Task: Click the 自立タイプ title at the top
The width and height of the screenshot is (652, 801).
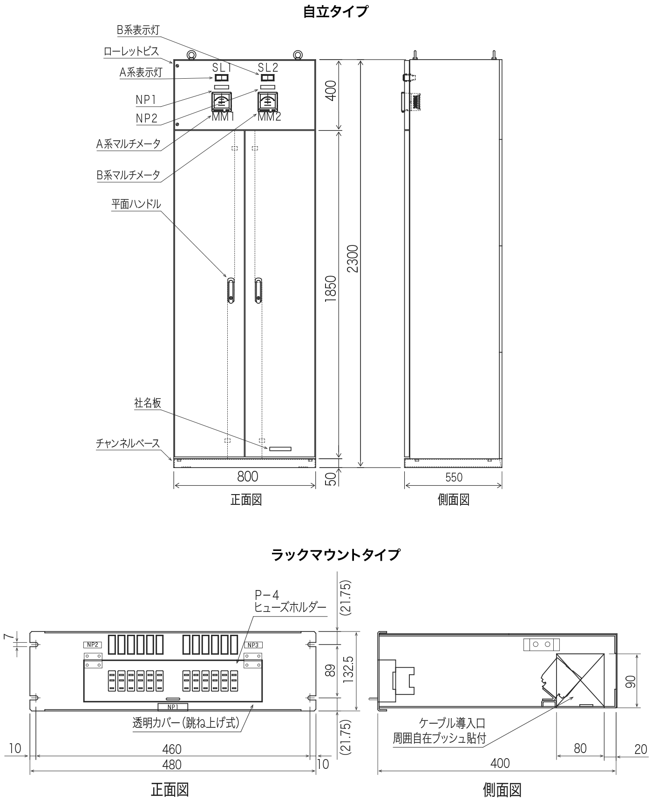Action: tap(335, 12)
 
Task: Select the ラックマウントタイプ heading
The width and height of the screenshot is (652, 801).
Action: tap(335, 555)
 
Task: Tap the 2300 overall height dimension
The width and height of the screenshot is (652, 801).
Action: tap(353, 258)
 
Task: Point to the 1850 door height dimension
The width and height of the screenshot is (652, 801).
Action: tap(330, 290)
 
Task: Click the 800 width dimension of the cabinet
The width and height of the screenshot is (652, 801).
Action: tap(247, 476)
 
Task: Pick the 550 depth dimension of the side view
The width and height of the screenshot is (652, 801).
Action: tap(454, 477)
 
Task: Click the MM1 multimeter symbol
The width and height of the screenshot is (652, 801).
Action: tap(223, 102)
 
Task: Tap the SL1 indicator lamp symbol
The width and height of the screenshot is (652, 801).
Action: tap(222, 78)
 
